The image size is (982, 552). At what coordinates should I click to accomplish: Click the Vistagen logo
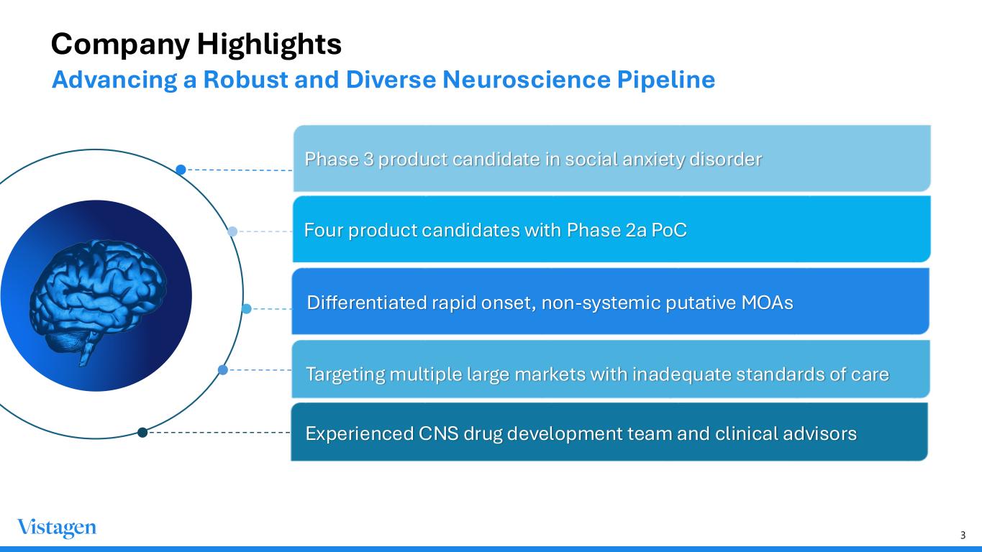tap(57, 528)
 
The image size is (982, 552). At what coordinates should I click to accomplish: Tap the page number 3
tap(963, 535)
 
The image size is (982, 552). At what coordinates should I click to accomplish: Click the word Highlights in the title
tap(269, 45)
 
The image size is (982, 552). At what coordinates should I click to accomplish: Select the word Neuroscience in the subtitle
tap(526, 79)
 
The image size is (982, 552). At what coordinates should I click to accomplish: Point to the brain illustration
tap(98, 300)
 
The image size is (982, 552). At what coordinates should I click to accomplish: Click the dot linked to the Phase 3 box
tap(181, 170)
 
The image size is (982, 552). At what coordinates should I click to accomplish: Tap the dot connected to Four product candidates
tap(232, 231)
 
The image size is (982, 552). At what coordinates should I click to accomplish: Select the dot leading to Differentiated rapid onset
tap(246, 309)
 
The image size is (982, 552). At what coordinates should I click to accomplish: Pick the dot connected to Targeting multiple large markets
tap(223, 369)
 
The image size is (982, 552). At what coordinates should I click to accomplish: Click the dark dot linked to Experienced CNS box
tap(142, 433)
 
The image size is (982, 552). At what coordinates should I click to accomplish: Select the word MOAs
tap(767, 303)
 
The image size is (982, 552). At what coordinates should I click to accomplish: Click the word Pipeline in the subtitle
tap(666, 79)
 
